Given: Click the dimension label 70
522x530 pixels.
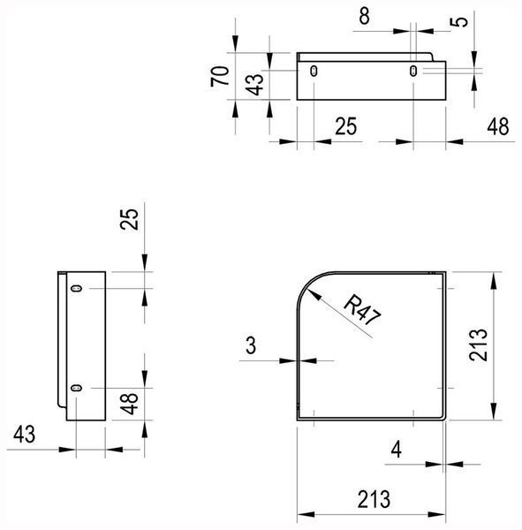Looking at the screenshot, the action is [x=220, y=76].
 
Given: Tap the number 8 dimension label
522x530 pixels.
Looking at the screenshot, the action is [x=364, y=16].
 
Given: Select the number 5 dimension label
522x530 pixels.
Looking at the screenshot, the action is [x=458, y=22].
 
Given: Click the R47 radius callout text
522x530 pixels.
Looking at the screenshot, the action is [x=362, y=310].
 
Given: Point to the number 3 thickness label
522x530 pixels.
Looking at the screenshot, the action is [x=251, y=345].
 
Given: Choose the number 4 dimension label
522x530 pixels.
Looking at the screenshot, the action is [x=397, y=450].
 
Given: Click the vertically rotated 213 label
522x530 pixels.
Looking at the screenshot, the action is [x=479, y=344].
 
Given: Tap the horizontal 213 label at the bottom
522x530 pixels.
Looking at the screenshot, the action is [x=374, y=500].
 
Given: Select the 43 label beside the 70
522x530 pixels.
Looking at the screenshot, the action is [x=254, y=85].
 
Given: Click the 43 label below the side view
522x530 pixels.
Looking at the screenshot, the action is [x=25, y=435].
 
